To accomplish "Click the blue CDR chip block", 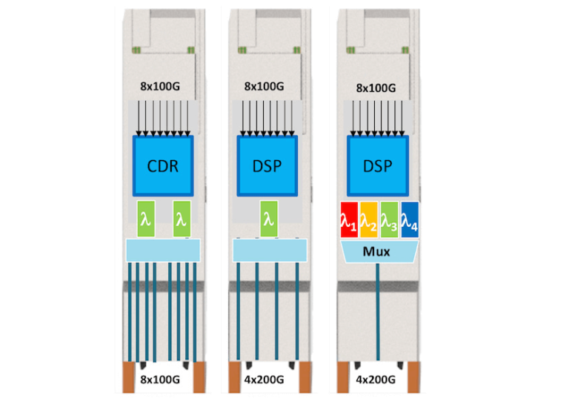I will coord(163,165).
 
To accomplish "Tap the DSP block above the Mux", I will coord(379,165).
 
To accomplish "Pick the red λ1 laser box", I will coord(348,219).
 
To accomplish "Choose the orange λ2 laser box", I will coord(369,219).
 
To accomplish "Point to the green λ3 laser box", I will coord(389,219).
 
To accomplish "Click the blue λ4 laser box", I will coord(409,219).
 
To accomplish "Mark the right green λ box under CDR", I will coord(182,219).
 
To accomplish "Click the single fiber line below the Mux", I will coord(379,311).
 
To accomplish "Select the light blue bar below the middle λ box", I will coord(269,250).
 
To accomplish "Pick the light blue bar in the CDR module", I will coord(163,250).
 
